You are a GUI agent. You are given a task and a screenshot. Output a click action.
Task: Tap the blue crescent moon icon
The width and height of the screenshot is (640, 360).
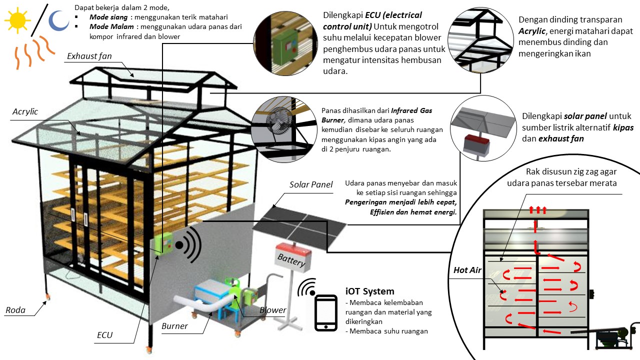58,20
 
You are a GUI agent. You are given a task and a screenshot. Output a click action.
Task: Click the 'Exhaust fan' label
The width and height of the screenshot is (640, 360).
89,56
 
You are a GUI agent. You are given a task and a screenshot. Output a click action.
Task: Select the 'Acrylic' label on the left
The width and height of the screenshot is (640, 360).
25,111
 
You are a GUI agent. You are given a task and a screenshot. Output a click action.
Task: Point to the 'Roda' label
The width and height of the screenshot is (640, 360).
15,310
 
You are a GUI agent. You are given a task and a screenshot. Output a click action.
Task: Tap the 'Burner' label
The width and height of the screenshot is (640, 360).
174,326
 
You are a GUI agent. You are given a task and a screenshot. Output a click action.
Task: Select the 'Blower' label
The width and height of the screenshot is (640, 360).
272,310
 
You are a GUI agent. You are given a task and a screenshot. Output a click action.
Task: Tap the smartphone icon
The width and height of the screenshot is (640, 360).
325,313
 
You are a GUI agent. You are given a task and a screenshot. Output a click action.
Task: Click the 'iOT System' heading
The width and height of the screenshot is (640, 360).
369,291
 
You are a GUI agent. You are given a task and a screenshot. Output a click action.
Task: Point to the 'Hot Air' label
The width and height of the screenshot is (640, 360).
467,270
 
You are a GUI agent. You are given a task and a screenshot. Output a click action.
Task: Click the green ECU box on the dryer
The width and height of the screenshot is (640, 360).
163,243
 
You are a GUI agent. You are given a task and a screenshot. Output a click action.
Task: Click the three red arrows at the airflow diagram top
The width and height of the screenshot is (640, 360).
537,209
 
